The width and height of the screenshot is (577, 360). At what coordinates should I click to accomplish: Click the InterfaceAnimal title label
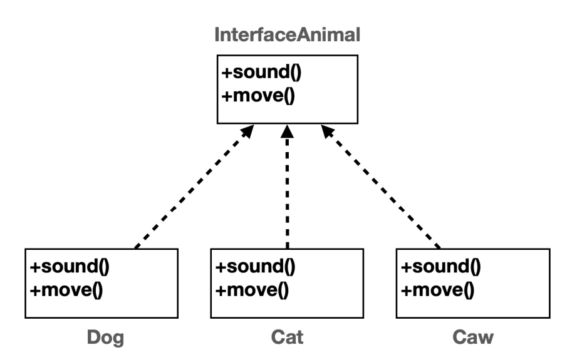tap(287, 35)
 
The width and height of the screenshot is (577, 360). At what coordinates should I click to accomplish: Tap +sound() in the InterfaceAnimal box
tap(262, 72)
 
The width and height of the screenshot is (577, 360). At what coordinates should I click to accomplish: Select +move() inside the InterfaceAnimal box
tap(258, 96)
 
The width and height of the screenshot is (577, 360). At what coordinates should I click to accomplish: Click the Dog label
tap(105, 337)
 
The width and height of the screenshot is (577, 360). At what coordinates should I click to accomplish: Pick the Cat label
tap(287, 337)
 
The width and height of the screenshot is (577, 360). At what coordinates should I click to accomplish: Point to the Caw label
tap(473, 337)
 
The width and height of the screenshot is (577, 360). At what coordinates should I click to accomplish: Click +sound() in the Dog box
tap(70, 266)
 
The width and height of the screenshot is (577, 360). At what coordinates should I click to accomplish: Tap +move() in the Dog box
tap(66, 290)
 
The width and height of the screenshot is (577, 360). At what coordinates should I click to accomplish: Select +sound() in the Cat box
tap(256, 266)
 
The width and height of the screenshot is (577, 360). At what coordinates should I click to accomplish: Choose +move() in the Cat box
tap(252, 290)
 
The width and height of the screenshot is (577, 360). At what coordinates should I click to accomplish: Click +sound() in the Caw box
tap(441, 266)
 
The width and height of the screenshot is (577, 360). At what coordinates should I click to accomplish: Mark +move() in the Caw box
tap(437, 290)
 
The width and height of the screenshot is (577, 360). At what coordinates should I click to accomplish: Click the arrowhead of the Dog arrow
tap(247, 131)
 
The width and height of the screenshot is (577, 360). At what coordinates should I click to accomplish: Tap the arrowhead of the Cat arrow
tap(287, 131)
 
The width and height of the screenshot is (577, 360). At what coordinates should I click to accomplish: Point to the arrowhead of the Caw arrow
tap(328, 131)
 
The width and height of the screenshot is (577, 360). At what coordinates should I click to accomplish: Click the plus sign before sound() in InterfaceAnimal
tap(227, 73)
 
